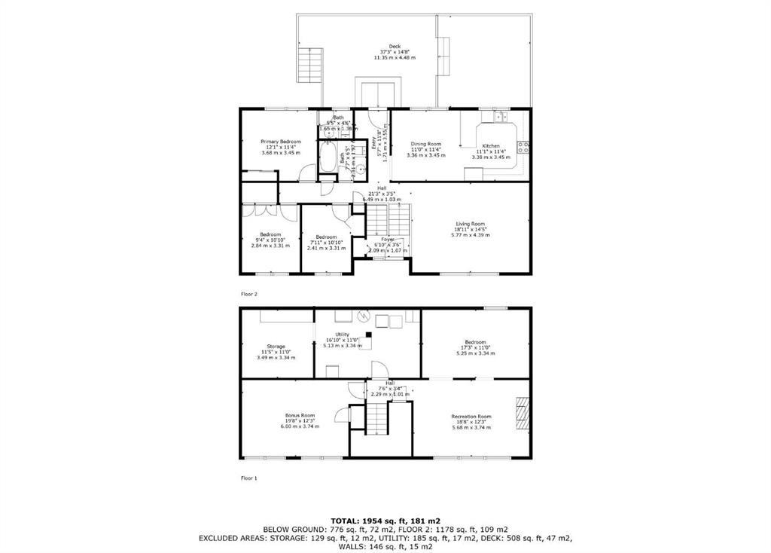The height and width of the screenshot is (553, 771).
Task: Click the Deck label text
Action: pos(395,46)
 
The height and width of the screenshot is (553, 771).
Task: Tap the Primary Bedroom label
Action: pos(281,142)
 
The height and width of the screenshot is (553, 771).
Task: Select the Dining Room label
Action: pos(425,144)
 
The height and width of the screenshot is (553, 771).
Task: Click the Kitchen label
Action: pos(491,145)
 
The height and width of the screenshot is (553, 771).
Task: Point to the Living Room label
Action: pos(470,223)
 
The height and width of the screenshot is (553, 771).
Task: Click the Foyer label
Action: pos(388,240)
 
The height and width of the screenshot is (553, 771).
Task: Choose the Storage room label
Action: pos(276,347)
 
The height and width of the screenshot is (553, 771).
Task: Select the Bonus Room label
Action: pos(300,416)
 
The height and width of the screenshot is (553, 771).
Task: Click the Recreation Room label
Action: pos(471,417)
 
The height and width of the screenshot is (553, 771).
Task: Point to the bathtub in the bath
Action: pos(328,158)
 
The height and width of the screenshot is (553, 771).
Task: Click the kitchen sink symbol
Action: pos(500,117)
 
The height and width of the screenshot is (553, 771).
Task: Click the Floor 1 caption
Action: pos(248,478)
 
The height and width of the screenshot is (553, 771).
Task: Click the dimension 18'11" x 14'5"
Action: pos(471,229)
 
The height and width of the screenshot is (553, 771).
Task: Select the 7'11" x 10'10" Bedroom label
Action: pos(326,237)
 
